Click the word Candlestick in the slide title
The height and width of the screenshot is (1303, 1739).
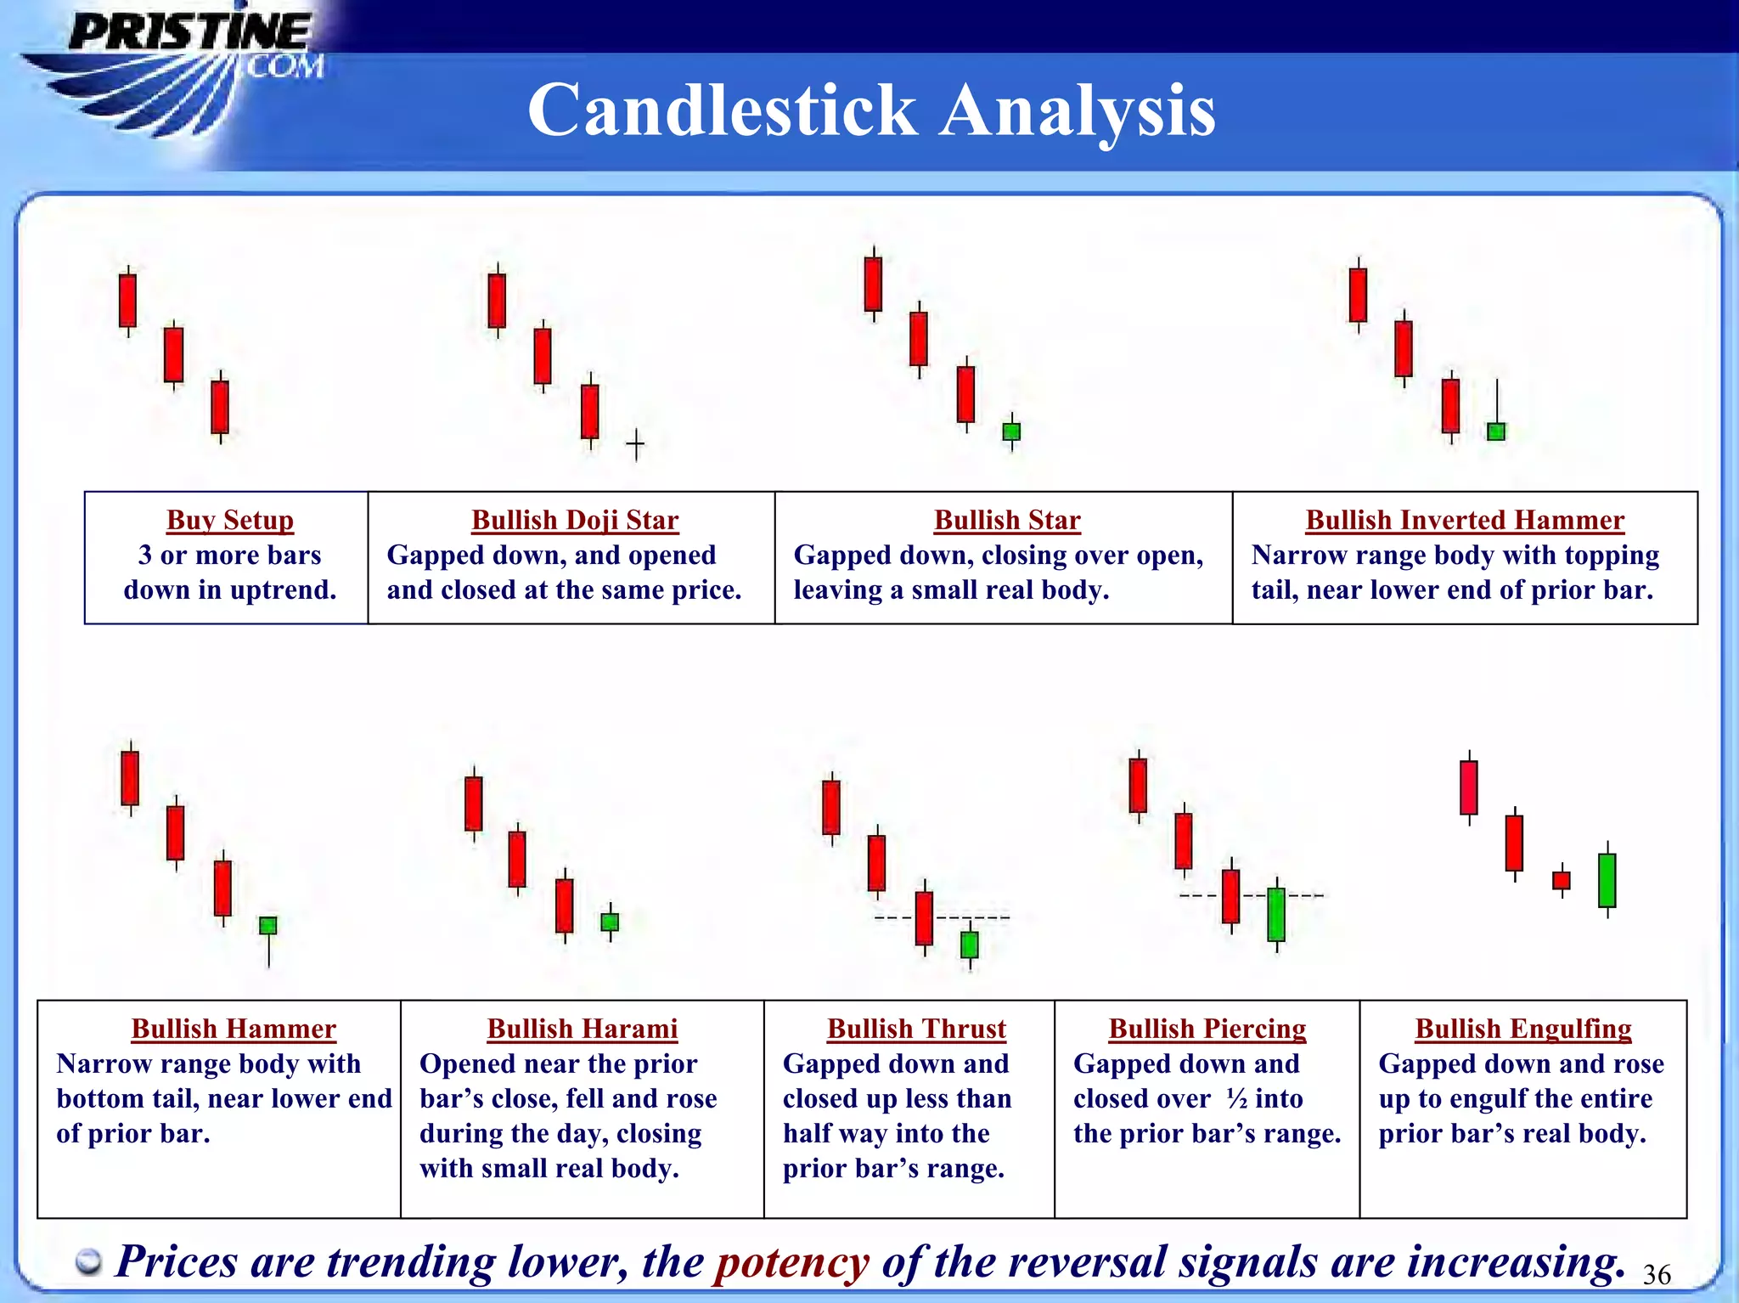(722, 110)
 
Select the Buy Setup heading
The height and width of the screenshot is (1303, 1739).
(230, 520)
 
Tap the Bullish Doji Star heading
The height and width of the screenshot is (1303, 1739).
(575, 520)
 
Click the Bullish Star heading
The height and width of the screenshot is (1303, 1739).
(1007, 520)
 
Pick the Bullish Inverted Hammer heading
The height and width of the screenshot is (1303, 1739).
(1465, 520)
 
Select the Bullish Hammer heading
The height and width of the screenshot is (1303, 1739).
(234, 1029)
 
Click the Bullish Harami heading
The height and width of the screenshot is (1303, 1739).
(582, 1029)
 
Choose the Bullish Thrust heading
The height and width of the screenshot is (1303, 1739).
(916, 1029)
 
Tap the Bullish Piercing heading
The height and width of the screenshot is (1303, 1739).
(1207, 1029)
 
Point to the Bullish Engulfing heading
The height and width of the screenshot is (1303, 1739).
(1523, 1029)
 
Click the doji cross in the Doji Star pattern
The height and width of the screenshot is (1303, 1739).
(635, 443)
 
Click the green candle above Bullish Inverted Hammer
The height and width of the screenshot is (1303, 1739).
(1496, 431)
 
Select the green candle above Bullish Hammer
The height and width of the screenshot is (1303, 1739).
(267, 925)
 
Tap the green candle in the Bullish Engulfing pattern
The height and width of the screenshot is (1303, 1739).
(1607, 880)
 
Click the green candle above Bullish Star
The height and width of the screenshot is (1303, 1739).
(1011, 432)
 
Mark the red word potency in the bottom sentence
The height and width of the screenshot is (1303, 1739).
(791, 1261)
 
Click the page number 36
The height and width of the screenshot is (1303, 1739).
(1657, 1274)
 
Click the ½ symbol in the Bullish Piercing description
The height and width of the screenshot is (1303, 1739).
(1237, 1098)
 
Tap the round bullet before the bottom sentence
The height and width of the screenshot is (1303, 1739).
(88, 1263)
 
